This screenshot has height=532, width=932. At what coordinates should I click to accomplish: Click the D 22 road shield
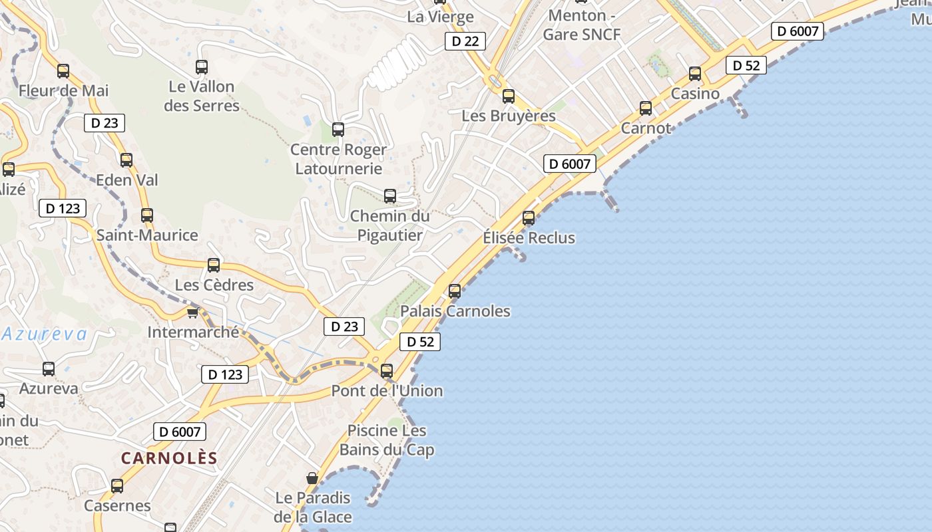point(465,41)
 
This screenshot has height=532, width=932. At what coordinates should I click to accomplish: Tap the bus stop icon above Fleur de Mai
point(63,70)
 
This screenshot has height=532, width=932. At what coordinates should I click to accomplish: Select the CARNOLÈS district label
point(169,458)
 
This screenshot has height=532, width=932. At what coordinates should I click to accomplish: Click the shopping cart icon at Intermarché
point(192,312)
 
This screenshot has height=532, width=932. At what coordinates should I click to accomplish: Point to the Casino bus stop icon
point(695,74)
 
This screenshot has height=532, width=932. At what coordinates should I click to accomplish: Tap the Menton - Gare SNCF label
point(581,25)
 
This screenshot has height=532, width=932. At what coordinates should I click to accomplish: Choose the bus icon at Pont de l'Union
point(387,371)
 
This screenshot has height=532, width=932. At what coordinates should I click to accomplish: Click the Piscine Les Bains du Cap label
point(387,440)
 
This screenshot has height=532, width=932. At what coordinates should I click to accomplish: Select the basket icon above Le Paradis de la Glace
point(312,478)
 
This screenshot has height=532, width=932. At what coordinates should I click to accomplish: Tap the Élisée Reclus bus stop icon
point(529,217)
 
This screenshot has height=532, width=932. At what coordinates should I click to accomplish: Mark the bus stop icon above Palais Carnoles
point(455,291)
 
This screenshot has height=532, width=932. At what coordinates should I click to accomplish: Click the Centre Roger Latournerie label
point(338,159)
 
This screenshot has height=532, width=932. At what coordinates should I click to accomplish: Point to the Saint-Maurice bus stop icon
point(147,215)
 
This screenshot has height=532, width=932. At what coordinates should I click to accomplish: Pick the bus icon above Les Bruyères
point(509,96)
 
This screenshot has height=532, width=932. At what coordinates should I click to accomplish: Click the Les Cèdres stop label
point(214,285)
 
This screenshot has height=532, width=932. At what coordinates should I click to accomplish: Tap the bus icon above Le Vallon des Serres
point(202,66)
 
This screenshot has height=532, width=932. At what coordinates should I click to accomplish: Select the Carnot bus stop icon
point(646,108)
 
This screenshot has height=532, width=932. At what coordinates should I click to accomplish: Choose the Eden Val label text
point(127,180)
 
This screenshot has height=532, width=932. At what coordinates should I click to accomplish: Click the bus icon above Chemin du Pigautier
point(390,196)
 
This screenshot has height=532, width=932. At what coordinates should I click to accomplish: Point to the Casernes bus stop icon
point(117,486)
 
